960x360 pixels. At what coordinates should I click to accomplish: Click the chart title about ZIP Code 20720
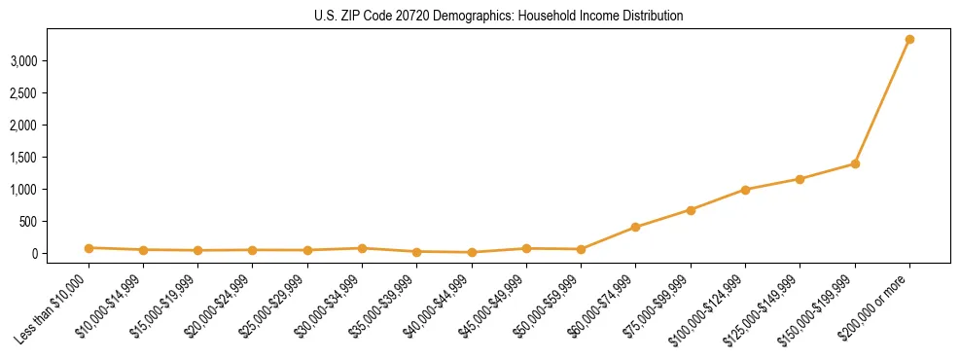pos(499,16)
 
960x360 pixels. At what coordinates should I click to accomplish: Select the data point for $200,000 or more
pos(909,39)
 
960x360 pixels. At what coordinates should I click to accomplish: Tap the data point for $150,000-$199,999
pos(855,163)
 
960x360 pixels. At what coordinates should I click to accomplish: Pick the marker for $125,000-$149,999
pos(800,179)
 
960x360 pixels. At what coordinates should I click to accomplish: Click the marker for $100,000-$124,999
pos(745,190)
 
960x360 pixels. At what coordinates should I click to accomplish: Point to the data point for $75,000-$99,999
pos(691,210)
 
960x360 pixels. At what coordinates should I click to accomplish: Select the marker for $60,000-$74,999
pos(635,227)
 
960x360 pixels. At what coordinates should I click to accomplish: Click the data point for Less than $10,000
pos(89,248)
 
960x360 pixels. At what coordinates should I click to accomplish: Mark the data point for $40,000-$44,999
pos(472,252)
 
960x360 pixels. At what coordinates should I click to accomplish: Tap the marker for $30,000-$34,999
pos(362,248)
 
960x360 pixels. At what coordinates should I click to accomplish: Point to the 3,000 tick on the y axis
pos(51,60)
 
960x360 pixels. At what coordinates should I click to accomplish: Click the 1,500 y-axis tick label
pos(51,157)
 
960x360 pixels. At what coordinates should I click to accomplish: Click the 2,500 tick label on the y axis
pos(51,92)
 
